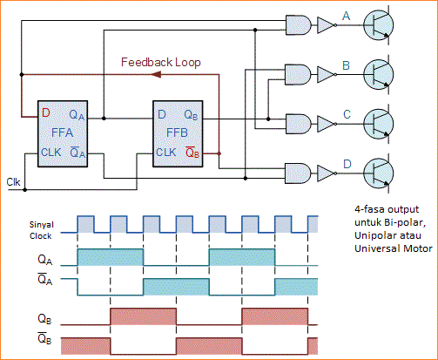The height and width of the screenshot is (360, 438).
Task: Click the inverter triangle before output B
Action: (327, 75)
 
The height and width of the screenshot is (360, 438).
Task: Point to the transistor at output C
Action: (381, 123)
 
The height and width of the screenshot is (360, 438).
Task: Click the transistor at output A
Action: (381, 27)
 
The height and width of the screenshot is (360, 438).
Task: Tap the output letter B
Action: (347, 65)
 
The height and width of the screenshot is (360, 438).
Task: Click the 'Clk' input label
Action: (13, 182)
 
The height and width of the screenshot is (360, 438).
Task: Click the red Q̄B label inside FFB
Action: (193, 153)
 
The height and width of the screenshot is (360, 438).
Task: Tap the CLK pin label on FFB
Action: (167, 153)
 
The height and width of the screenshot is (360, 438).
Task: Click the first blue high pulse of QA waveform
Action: (111, 257)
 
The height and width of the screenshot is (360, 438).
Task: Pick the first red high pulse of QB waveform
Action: (143, 315)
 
